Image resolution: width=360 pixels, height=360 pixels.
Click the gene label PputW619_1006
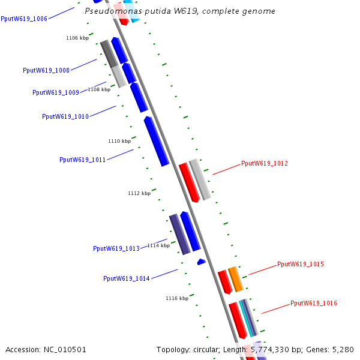pos(24,19)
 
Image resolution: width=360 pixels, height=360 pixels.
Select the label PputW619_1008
pos(46,71)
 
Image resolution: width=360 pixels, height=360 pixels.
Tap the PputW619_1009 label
pos(56,93)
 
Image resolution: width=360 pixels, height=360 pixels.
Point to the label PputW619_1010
pos(65,117)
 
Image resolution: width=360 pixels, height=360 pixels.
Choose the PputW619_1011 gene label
pos(83,160)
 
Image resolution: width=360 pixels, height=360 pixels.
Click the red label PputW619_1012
pos(265,163)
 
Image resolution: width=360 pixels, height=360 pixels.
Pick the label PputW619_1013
pos(116,249)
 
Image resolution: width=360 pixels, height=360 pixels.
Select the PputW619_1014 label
pos(127,279)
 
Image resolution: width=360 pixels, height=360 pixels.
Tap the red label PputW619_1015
pos(301,265)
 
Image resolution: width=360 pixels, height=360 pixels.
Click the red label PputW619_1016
pos(314,304)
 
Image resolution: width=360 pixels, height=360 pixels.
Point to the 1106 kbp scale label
pos(77,38)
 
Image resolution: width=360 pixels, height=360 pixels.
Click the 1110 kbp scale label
pos(119,142)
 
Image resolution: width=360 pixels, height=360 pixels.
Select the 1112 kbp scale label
pos(139,194)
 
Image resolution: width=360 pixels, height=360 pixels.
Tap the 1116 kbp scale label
pos(177,298)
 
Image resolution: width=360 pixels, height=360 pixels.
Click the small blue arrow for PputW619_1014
pos(202,262)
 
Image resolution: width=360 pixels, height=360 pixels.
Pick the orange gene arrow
pos(236,279)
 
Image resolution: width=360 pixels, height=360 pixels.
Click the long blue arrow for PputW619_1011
pos(157,141)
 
